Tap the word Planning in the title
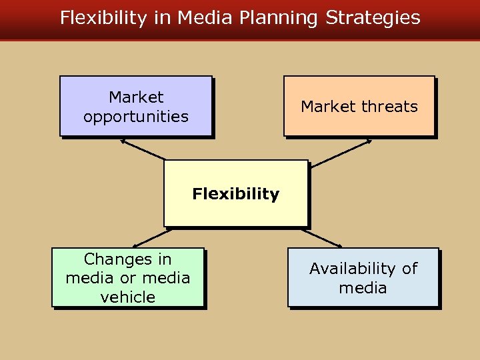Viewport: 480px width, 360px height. point(280,18)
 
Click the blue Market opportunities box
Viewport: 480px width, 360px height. point(136,106)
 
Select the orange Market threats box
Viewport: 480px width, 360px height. point(359,106)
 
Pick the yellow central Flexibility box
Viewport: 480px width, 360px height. point(235,193)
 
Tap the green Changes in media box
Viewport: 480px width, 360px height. point(127,277)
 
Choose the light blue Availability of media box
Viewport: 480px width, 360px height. point(363,277)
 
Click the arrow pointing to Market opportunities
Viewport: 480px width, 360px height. point(142,149)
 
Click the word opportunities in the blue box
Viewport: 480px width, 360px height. point(136,117)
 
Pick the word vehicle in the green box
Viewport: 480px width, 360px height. point(127,297)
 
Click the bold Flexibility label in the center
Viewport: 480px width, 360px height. point(235,194)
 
